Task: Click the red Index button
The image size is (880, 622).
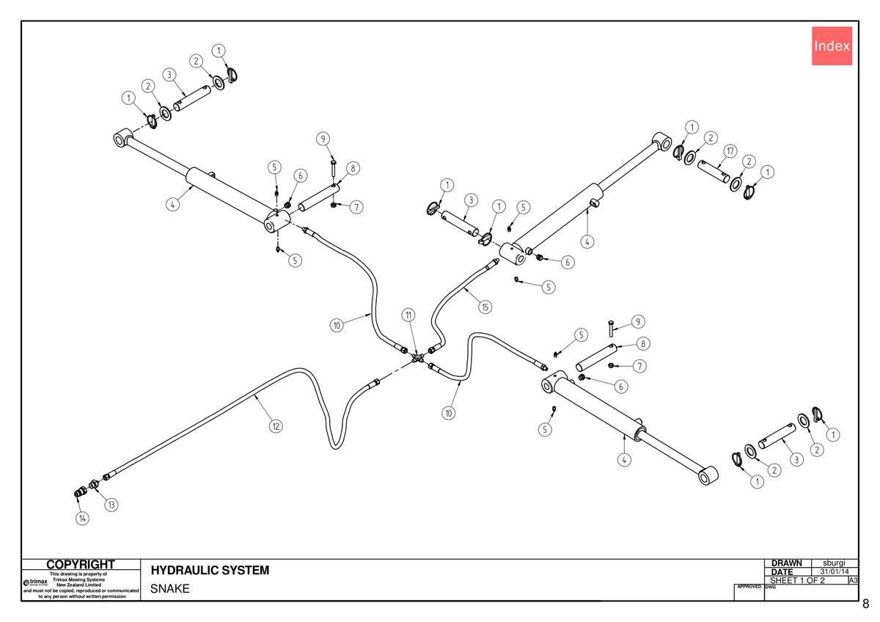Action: click(x=832, y=46)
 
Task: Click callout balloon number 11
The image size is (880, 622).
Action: click(x=408, y=315)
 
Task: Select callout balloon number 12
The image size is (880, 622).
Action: click(x=276, y=426)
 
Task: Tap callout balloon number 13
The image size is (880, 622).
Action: click(x=111, y=505)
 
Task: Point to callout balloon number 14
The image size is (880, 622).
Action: click(x=82, y=519)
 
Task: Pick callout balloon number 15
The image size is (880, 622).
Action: click(x=485, y=307)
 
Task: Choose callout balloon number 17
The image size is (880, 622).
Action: click(x=730, y=151)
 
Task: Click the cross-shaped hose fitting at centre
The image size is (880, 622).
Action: click(x=417, y=358)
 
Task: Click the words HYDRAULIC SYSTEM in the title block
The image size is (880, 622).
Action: click(x=210, y=570)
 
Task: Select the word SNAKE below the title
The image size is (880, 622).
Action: click(x=169, y=588)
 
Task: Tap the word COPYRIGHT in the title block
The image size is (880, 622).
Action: click(x=81, y=564)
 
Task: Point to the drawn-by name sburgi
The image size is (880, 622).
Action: click(x=834, y=563)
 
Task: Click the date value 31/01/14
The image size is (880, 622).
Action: click(x=835, y=571)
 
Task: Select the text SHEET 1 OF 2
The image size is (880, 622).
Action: click(x=798, y=580)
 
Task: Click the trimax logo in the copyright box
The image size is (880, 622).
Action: click(x=35, y=582)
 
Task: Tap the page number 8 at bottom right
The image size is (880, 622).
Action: click(x=866, y=604)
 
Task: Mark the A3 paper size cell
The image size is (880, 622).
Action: click(x=853, y=580)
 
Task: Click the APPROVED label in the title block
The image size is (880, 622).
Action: click(x=749, y=587)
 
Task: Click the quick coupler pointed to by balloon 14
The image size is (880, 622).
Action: click(x=80, y=492)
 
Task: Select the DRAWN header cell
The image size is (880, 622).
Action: click(x=786, y=563)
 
